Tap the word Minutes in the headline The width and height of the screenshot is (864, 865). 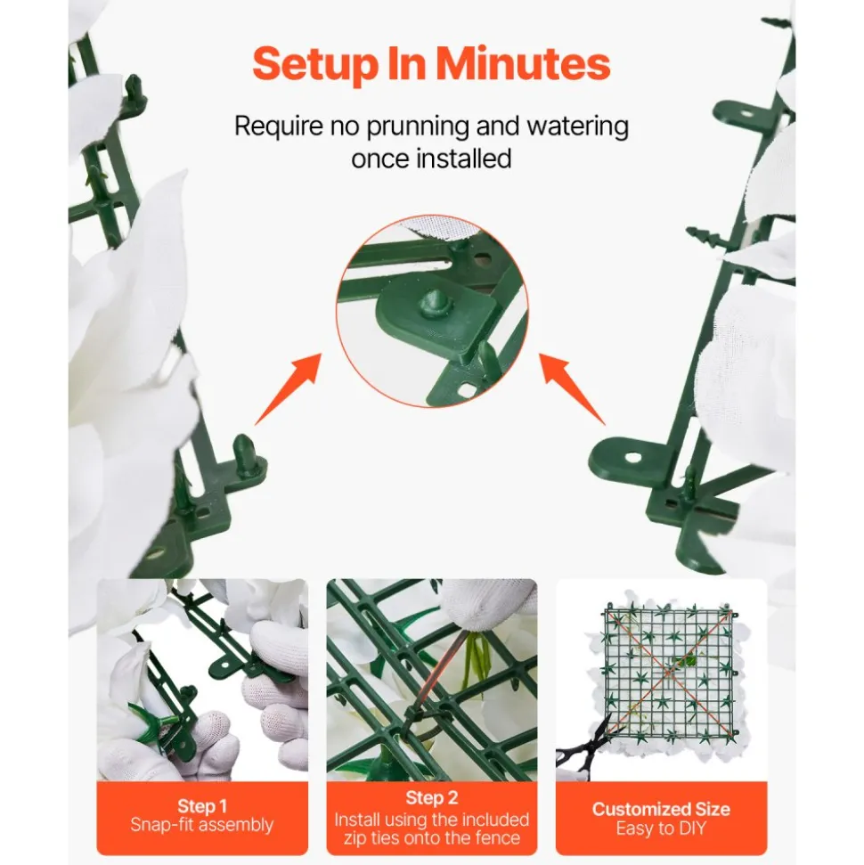[x=523, y=64]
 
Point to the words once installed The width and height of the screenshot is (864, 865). [x=431, y=159]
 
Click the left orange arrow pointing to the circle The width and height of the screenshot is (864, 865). [x=288, y=389]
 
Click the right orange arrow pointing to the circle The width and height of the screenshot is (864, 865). [x=572, y=389]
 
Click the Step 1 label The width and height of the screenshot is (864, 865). [x=202, y=806]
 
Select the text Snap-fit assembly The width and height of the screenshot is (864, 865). [x=202, y=825]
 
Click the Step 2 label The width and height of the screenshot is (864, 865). [x=431, y=797]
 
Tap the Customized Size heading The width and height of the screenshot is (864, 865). [x=661, y=809]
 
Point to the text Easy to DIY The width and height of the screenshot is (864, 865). [x=661, y=828]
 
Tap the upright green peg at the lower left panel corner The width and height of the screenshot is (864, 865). [x=243, y=453]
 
